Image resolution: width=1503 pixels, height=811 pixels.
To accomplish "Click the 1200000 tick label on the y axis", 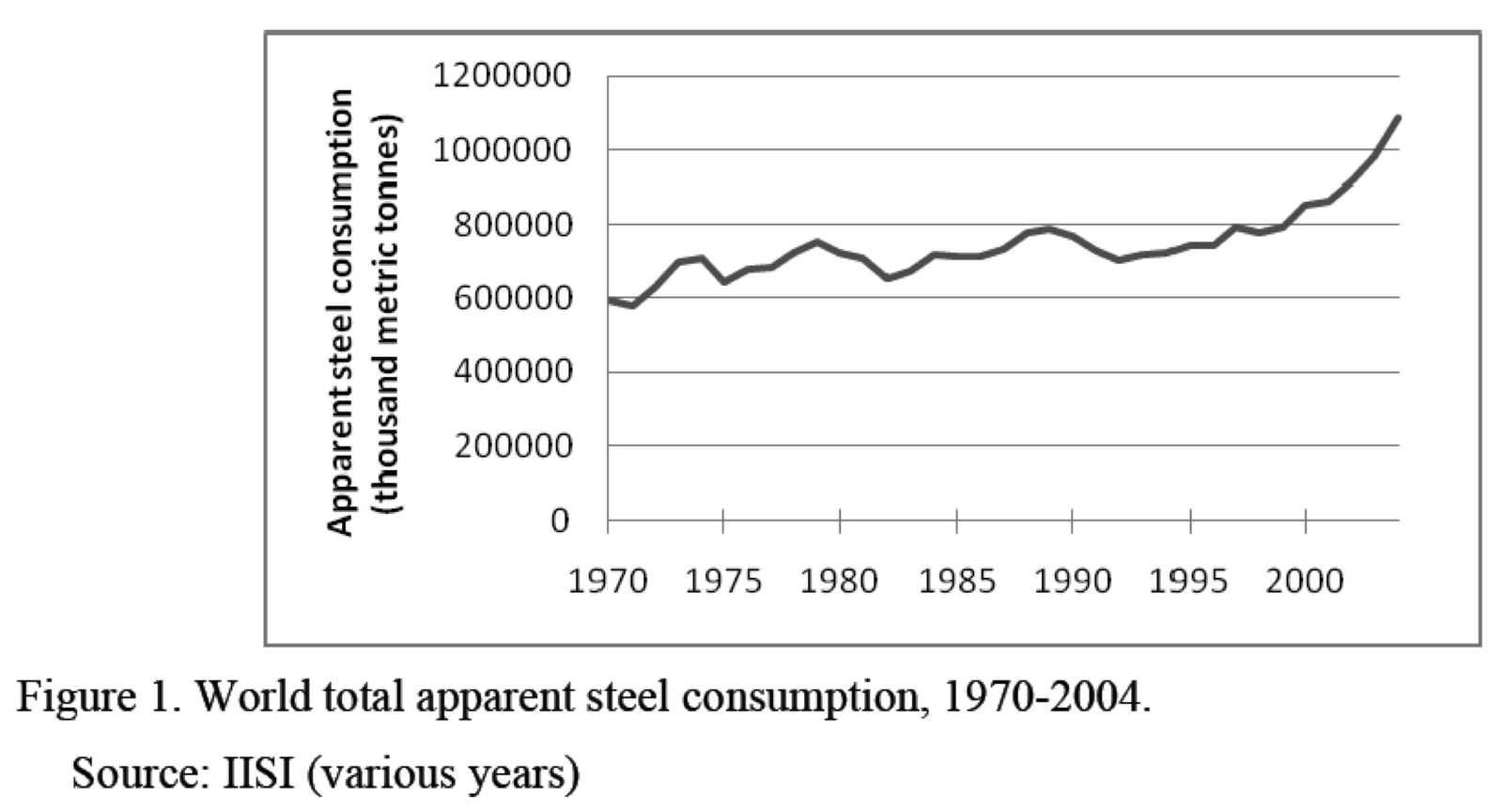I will (502, 75).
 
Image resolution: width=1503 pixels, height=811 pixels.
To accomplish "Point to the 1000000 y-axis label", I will (502, 149).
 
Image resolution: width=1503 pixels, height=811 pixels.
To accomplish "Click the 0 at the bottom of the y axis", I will (560, 521).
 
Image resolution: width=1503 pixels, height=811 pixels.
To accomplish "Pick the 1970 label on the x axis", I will (608, 582).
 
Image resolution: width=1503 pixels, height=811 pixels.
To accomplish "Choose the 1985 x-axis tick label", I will (956, 582).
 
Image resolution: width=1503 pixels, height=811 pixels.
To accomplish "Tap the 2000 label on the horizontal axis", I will (1304, 582).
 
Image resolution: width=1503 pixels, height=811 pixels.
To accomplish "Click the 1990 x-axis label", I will (1072, 582).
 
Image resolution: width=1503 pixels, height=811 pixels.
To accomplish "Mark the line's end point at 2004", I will (1398, 117).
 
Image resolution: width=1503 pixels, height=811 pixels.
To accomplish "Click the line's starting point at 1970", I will (610, 300).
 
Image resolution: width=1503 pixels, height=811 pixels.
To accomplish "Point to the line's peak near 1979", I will (817, 242).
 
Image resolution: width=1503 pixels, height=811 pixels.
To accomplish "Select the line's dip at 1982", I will (887, 278).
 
